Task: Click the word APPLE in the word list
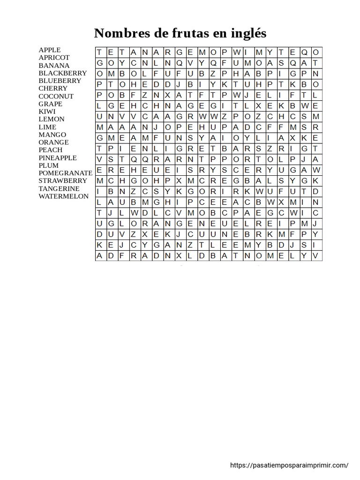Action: (50, 50)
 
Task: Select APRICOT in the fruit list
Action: (54, 58)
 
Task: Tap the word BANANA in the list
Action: (54, 65)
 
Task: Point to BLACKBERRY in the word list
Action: (63, 73)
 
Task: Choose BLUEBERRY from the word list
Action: (60, 81)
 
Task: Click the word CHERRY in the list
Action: (53, 88)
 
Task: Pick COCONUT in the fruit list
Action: (56, 96)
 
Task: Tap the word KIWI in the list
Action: (47, 111)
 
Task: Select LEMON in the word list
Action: (52, 119)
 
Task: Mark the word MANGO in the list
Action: (52, 135)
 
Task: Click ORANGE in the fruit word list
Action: (53, 142)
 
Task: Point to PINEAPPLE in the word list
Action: (58, 157)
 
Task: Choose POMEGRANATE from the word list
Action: (66, 173)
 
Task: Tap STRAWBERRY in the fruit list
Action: (63, 180)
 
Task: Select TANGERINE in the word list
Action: (59, 188)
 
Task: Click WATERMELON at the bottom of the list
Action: (63, 196)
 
